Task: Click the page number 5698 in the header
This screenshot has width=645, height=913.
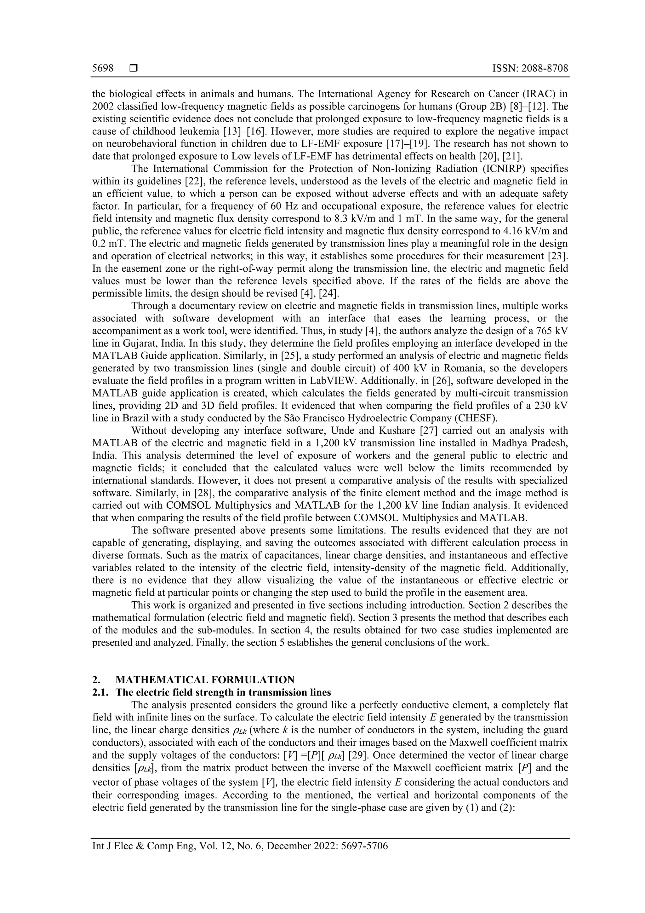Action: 103,68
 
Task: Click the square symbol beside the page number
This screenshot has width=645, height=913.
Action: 134,68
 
